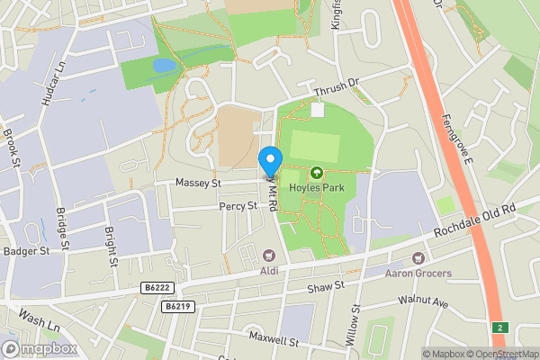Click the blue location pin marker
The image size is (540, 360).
[270, 161]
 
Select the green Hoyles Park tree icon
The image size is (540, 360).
[316, 173]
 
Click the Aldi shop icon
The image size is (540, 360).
[269, 256]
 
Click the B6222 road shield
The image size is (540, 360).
[156, 287]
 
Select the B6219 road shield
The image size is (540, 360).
[176, 306]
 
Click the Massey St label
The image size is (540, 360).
[198, 184]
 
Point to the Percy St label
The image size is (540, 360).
[238, 207]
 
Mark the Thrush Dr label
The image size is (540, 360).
[336, 90]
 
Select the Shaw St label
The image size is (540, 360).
[326, 287]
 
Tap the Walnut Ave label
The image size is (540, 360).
[427, 303]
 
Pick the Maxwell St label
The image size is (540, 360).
[275, 341]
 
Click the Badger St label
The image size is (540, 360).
[23, 251]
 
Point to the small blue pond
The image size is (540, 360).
[164, 66]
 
